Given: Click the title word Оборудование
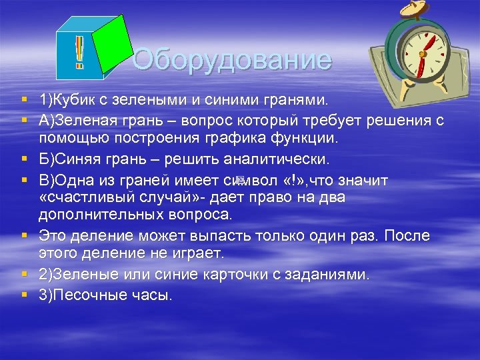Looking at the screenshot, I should pyautogui.click(x=232, y=61).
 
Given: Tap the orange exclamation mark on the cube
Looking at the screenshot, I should pyautogui.click(x=79, y=53).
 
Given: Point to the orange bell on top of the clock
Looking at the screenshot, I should pyautogui.click(x=408, y=8).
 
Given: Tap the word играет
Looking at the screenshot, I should pyautogui.click(x=198, y=254).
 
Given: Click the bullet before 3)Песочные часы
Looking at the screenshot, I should pyautogui.click(x=24, y=294).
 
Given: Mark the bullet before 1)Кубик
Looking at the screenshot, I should pyautogui.click(x=24, y=99).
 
